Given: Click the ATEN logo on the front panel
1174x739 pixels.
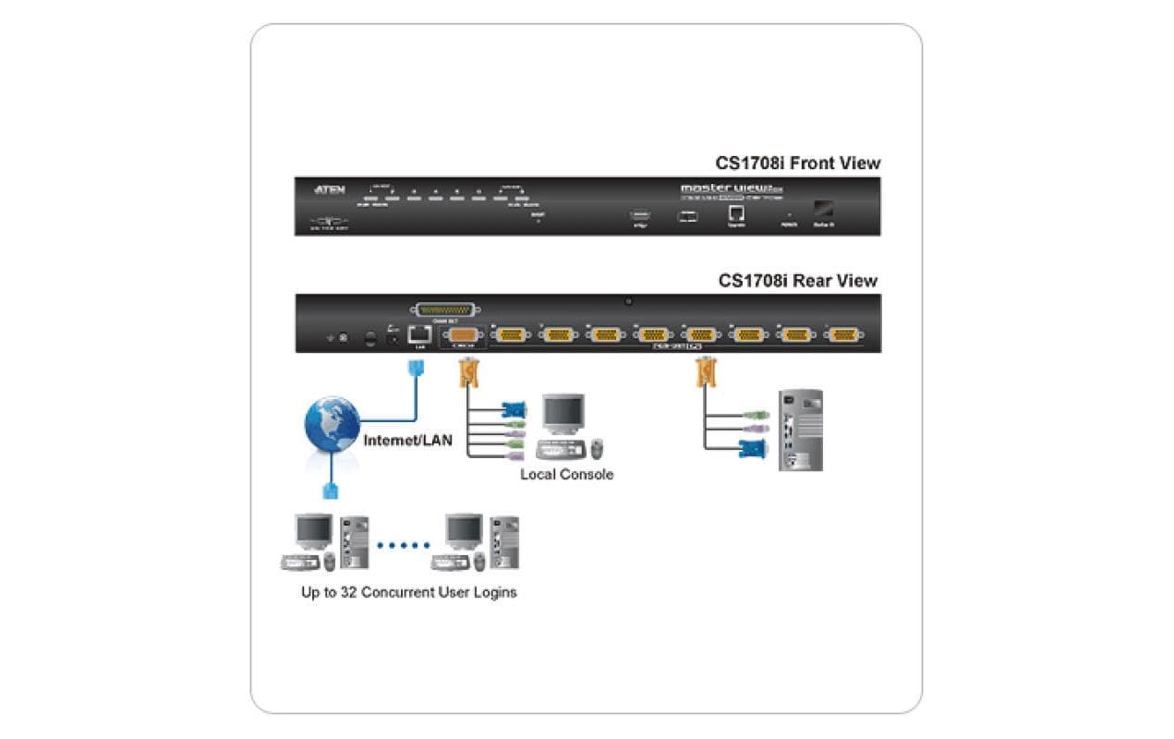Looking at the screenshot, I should click(330, 189).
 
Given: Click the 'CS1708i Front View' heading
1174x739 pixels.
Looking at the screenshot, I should click(798, 164).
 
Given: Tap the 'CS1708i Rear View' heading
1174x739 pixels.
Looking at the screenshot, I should click(798, 281).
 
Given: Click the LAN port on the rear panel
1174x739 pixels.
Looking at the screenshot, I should click(418, 335).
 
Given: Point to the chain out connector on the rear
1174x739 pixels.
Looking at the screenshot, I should click(447, 310).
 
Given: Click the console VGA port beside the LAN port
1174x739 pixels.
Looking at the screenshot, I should click(464, 335).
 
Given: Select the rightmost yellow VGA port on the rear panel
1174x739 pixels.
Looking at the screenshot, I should click(843, 335).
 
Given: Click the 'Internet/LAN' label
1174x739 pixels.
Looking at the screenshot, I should click(407, 441).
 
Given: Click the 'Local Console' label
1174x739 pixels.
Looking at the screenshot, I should click(566, 475).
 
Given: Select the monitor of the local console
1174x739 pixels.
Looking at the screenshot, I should click(563, 414).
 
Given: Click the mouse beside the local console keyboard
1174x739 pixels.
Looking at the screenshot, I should click(598, 449).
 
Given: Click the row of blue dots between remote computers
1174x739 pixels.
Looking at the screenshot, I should click(404, 545).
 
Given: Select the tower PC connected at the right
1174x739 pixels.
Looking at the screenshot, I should click(800, 430).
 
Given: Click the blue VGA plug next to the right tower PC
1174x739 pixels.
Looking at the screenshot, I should click(753, 450).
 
